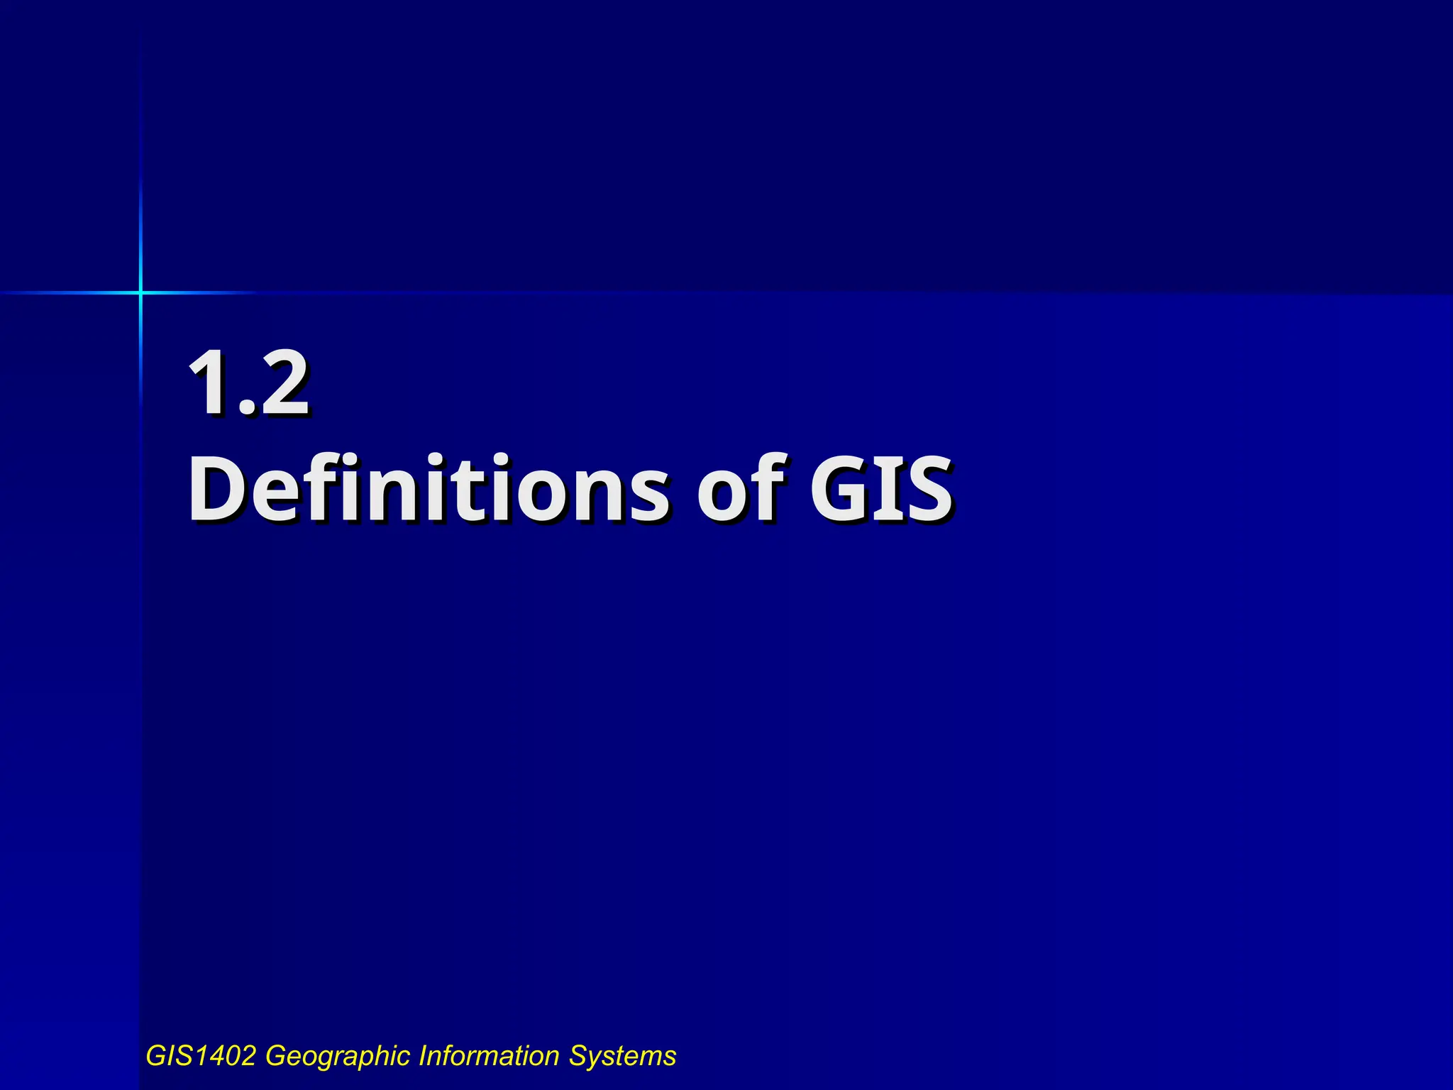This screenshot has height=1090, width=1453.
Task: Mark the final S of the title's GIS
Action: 927,488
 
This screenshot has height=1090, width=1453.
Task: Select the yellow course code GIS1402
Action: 201,1056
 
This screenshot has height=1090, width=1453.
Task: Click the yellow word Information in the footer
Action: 490,1056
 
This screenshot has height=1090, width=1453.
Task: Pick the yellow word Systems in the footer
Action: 622,1056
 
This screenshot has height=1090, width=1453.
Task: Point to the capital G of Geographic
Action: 275,1056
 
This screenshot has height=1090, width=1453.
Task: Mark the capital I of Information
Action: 422,1056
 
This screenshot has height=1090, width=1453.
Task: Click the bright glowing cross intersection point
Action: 140,292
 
